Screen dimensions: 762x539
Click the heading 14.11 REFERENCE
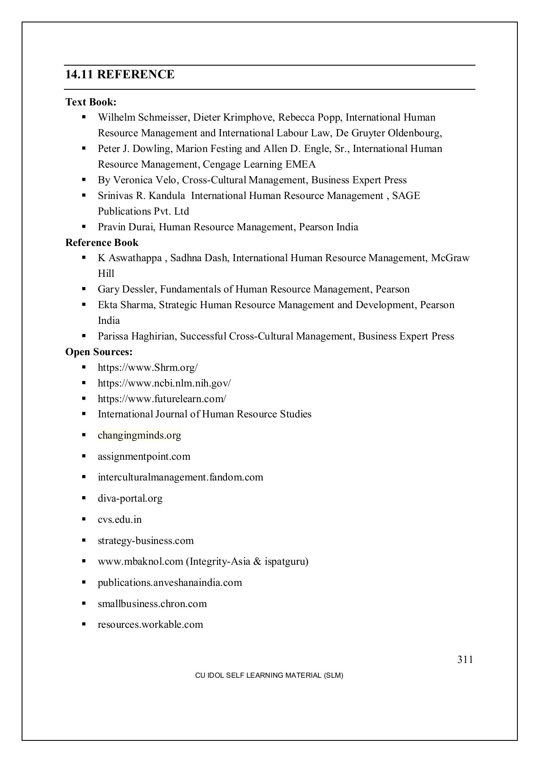pos(120,75)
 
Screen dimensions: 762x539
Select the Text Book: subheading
pos(91,102)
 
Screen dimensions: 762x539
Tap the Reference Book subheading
pos(102,243)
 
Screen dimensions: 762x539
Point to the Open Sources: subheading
pos(99,352)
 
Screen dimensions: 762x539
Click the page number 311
pos(465,660)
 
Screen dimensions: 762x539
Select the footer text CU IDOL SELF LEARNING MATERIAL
pos(269,676)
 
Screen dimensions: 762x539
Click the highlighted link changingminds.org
pos(139,435)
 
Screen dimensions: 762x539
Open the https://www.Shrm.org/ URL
pos(147,367)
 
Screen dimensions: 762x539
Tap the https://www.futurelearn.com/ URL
pos(162,399)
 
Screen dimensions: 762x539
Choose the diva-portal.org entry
pos(130,498)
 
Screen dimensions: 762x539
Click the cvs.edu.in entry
pos(119,519)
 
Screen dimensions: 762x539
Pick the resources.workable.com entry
pos(150,624)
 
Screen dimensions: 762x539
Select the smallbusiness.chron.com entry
pos(152,604)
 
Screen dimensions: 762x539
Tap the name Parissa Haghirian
pos(137,337)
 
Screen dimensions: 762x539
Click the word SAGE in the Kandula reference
pos(406,196)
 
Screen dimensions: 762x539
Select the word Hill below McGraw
pos(106,274)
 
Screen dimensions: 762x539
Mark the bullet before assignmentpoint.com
pos(84,456)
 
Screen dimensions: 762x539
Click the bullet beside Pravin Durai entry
pos(84,226)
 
